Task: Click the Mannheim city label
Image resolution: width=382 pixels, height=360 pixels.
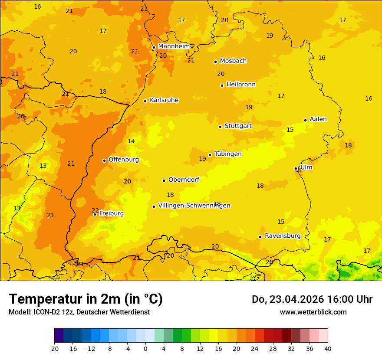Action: (174, 46)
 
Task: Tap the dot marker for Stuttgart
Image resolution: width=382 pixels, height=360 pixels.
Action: (220, 127)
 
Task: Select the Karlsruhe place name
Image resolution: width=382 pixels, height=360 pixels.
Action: (164, 100)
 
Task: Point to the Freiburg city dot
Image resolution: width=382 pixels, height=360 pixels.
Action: (95, 214)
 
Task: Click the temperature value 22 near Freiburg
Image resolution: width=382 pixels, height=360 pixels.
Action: (95, 210)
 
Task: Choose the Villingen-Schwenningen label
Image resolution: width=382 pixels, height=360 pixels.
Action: (194, 206)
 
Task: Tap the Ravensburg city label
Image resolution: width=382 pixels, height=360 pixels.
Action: (283, 236)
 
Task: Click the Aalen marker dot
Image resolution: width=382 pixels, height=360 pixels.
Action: (305, 120)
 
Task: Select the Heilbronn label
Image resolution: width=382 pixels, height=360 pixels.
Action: (241, 85)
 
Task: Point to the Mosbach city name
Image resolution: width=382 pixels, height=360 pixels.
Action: (233, 61)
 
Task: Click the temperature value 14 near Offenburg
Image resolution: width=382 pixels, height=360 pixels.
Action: (131, 141)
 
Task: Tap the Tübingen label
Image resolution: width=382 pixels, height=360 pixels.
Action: (228, 154)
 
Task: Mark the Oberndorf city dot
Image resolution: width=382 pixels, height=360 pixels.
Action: (164, 180)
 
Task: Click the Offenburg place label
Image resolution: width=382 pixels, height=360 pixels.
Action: (124, 160)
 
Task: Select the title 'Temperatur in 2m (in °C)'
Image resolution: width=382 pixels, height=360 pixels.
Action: (86, 299)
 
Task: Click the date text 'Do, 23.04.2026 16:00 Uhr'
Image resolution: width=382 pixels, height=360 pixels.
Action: (312, 299)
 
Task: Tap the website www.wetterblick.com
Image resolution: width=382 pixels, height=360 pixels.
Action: (313, 312)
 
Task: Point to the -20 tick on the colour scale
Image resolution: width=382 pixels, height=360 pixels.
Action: (54, 348)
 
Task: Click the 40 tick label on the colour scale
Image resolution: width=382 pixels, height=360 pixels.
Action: (327, 348)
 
